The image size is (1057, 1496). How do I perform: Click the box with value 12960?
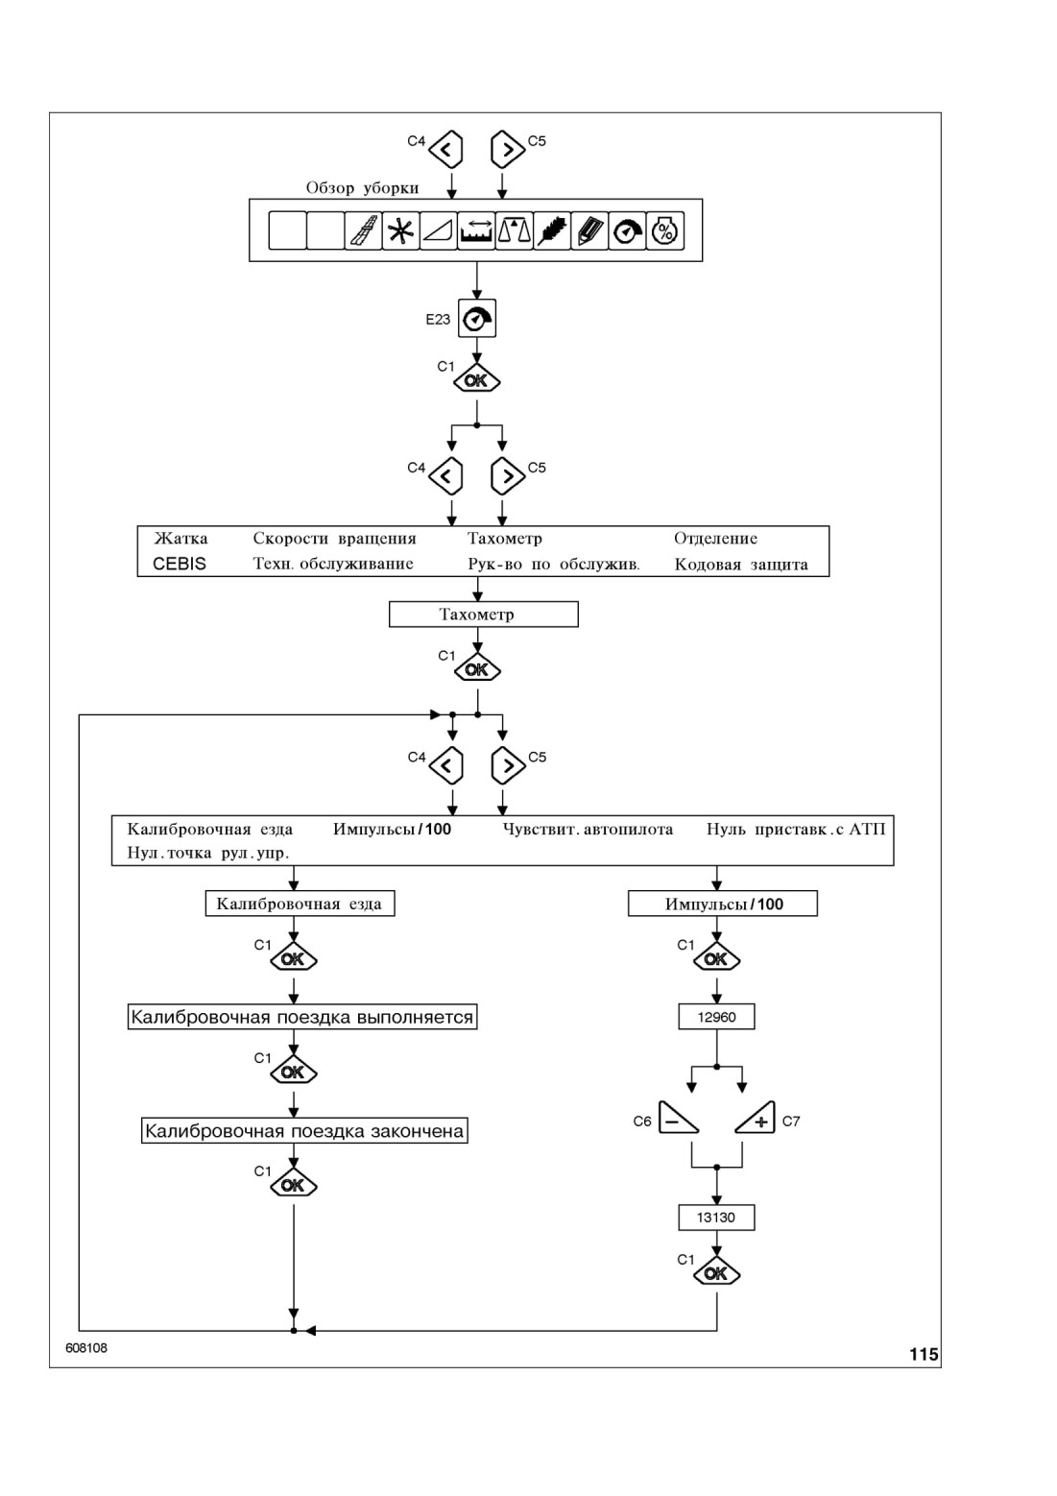pos(716,1017)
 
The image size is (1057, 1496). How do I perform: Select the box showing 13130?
pos(716,1217)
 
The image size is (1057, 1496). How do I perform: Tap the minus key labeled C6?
pos(678,1118)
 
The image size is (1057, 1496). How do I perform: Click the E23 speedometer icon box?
pos(477,318)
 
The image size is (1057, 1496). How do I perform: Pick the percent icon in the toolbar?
pos(665,231)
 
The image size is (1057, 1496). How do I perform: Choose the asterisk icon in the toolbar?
pos(400,231)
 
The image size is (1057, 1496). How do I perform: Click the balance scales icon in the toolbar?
pos(515,231)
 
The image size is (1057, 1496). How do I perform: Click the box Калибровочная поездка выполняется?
pos(301,1017)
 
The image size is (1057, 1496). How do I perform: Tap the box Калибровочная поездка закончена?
pos(303,1130)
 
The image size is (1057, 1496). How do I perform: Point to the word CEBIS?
pos(179,564)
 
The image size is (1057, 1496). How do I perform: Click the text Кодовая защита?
pos(741,565)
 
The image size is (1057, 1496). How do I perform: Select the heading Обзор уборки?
pos(363,187)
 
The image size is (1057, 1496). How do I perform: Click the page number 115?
pos(924,1354)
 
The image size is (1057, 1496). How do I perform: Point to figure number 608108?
pos(86,1348)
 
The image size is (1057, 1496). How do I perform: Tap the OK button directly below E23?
pos(477,379)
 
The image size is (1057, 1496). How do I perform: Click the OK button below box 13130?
pos(716,1272)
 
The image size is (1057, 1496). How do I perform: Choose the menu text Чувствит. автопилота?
pos(588,830)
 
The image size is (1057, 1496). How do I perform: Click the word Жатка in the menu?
pos(180,539)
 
